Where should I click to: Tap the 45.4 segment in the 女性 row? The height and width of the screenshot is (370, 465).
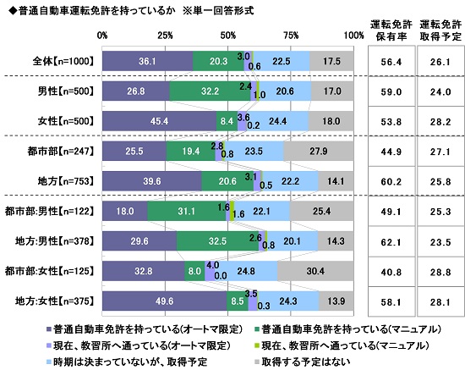point(159,122)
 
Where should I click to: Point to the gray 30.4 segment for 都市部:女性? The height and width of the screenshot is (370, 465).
point(315,271)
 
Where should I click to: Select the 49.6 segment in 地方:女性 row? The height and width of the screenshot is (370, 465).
point(164,301)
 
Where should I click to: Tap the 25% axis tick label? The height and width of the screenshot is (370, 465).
point(166,35)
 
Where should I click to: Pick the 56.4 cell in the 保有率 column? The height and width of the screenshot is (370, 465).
point(390,61)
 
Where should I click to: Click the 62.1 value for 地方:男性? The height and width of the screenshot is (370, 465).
point(390,241)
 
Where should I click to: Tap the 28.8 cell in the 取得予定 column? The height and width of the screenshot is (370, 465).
point(438,271)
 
